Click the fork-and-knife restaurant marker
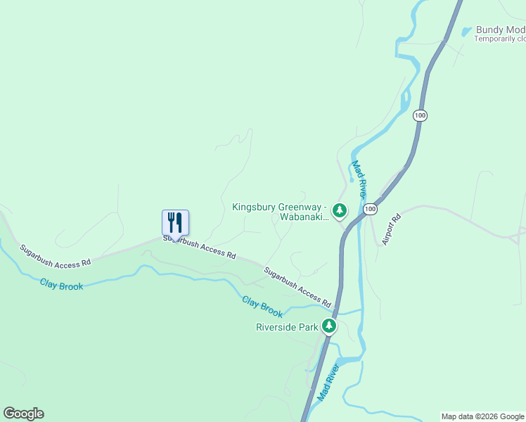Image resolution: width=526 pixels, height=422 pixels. (176, 222)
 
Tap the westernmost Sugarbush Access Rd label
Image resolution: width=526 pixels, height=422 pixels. (56, 255)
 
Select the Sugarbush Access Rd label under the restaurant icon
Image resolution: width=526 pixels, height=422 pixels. (200, 247)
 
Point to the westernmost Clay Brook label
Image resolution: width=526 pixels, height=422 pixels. (61, 285)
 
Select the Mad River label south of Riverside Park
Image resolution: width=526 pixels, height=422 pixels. (328, 383)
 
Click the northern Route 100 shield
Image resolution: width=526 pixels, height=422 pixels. (421, 115)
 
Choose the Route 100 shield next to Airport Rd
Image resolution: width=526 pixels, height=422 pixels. (371, 209)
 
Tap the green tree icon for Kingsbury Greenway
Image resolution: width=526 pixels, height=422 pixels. (340, 210)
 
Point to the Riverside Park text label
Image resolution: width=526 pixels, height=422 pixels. (287, 327)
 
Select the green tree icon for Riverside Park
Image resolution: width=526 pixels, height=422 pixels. (329, 326)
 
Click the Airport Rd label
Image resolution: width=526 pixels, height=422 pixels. (391, 229)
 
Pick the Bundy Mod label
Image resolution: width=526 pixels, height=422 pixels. (500, 30)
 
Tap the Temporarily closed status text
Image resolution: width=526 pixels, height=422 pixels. (499, 39)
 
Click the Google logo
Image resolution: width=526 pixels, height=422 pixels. (23, 414)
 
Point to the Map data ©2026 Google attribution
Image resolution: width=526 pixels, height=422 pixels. (483, 416)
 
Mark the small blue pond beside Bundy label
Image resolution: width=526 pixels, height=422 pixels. (466, 32)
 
